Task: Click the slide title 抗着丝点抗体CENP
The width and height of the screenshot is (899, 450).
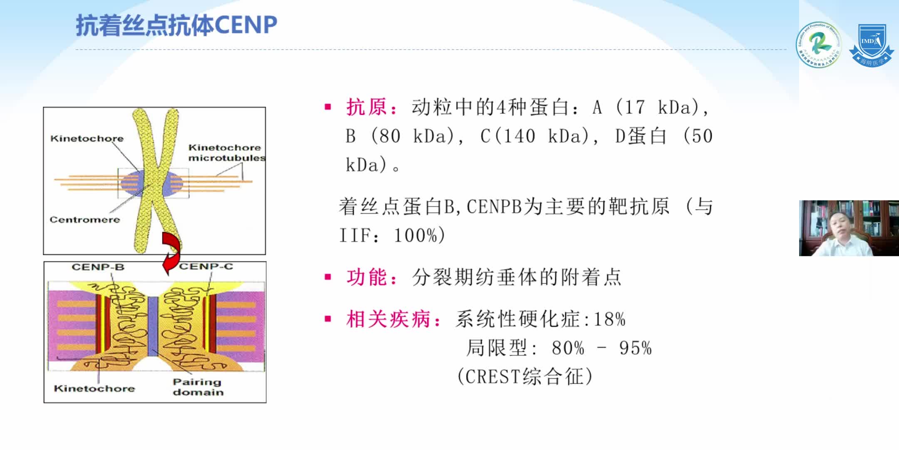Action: tap(176, 25)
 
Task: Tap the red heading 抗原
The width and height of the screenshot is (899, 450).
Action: tap(367, 107)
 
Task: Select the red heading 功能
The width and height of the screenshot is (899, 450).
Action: tap(367, 277)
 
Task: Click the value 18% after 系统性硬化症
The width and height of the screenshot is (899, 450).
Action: tap(609, 320)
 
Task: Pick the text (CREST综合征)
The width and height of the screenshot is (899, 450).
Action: tap(524, 376)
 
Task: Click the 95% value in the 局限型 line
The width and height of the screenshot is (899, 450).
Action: tap(635, 348)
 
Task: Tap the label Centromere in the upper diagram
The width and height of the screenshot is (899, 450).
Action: tap(84, 220)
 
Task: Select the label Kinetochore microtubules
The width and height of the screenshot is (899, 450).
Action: tap(226, 152)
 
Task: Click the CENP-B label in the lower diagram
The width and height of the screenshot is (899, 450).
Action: tap(98, 267)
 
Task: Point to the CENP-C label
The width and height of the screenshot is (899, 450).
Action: tap(206, 266)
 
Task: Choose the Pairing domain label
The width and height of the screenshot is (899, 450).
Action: tap(197, 387)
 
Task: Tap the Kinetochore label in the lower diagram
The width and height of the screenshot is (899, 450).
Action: tap(94, 388)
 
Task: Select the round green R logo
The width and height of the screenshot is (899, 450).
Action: tap(818, 45)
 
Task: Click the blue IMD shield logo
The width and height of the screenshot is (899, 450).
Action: tap(872, 45)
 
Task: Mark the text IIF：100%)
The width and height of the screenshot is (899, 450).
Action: tap(392, 235)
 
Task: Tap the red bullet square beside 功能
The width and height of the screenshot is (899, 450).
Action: tap(328, 277)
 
